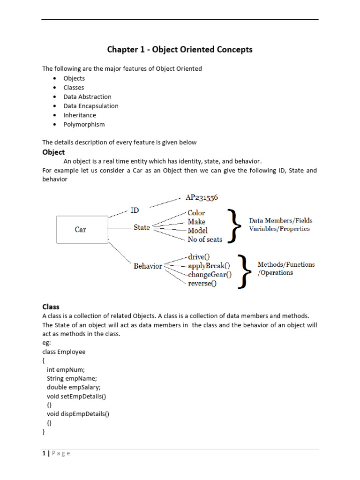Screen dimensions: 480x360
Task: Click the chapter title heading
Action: click(180, 50)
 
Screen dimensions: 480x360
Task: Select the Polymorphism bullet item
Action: click(84, 124)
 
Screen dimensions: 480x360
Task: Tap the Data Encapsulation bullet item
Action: click(91, 106)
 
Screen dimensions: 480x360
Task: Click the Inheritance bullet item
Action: click(80, 115)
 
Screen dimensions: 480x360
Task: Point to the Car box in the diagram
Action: click(82, 230)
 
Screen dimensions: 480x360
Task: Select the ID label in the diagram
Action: click(134, 210)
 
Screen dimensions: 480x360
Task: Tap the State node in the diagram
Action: click(142, 227)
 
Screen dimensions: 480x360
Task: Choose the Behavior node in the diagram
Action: click(148, 266)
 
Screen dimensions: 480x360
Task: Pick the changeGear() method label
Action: click(210, 275)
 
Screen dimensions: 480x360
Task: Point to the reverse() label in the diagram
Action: click(202, 284)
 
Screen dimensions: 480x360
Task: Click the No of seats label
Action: click(205, 240)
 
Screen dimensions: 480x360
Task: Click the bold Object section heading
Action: click(53, 152)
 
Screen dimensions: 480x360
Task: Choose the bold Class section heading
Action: click(51, 307)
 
